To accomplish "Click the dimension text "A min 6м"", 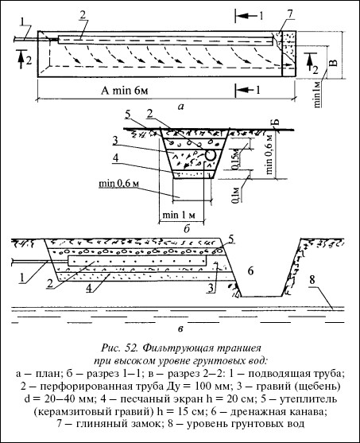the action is pyautogui.click(x=125, y=91).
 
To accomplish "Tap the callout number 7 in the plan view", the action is pyautogui.click(x=291, y=14).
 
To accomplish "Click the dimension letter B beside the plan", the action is pyautogui.click(x=334, y=63).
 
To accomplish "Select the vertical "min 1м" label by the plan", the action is pyautogui.click(x=318, y=94).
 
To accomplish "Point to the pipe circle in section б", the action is pyautogui.click(x=211, y=155).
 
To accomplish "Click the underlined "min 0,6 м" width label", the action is pyautogui.click(x=118, y=184).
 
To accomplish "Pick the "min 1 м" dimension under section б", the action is pyautogui.click(x=179, y=215).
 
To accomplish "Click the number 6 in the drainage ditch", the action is pyautogui.click(x=250, y=271).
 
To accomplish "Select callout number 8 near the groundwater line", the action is pyautogui.click(x=312, y=280).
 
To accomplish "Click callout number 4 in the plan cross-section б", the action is pyautogui.click(x=116, y=159).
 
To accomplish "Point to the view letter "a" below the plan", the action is pyautogui.click(x=180, y=107).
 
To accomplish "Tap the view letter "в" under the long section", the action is pyautogui.click(x=180, y=329).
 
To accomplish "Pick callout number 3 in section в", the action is pyautogui.click(x=211, y=288).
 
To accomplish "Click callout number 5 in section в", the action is pyautogui.click(x=230, y=239).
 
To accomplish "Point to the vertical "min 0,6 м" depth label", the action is pyautogui.click(x=270, y=154).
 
